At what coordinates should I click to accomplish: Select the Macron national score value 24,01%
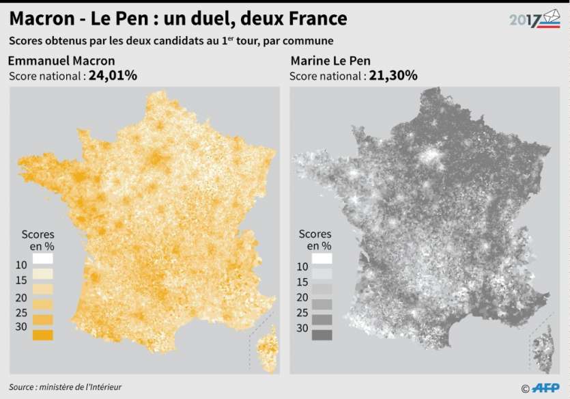pyautogui.click(x=113, y=75)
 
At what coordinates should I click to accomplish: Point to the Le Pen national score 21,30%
pyautogui.click(x=393, y=75)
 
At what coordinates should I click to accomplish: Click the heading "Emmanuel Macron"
pyautogui.click(x=61, y=60)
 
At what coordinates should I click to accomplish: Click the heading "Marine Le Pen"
pyautogui.click(x=330, y=60)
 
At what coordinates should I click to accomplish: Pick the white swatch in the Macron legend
pyautogui.click(x=42, y=259)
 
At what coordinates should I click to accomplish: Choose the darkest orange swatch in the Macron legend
pyautogui.click(x=42, y=335)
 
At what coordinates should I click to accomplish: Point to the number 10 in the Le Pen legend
pyautogui.click(x=302, y=267)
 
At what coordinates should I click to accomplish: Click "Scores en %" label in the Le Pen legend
pyautogui.click(x=315, y=239)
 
